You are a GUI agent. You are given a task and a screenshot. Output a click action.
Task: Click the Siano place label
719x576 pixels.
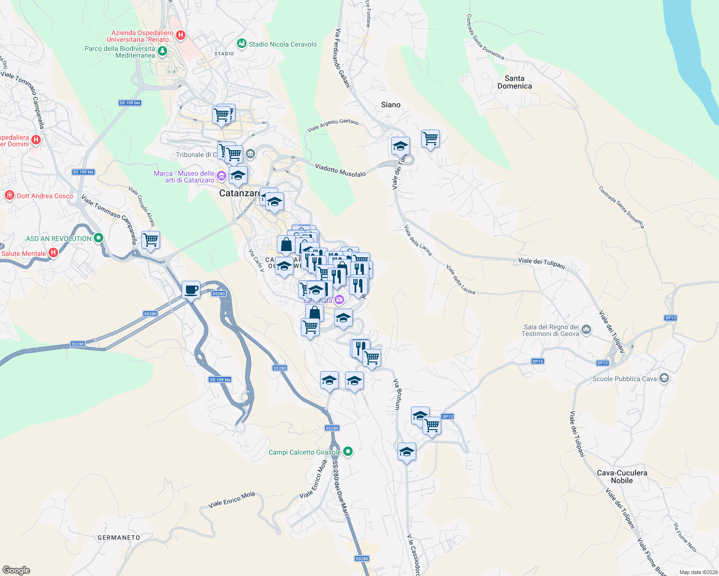click(x=390, y=105)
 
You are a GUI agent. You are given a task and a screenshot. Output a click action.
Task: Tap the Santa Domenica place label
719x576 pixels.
click(x=514, y=82)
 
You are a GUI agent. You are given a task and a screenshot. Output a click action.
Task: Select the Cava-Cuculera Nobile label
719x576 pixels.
click(x=621, y=477)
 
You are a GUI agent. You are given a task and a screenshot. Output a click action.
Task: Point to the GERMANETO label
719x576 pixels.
click(x=119, y=538)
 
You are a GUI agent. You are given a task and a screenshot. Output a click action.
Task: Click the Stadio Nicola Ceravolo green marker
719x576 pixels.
click(x=242, y=44)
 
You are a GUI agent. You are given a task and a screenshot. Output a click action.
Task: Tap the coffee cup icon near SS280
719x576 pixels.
click(x=191, y=289)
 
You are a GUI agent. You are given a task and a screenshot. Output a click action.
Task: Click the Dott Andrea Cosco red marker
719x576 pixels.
click(x=9, y=195)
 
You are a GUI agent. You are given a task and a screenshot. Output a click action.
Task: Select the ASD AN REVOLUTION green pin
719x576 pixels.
click(x=99, y=238)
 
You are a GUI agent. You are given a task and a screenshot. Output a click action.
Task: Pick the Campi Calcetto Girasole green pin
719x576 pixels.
click(x=348, y=452)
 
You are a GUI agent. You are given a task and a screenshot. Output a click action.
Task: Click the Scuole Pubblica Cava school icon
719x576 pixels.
click(x=664, y=378)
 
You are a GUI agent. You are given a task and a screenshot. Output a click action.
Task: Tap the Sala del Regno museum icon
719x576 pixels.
click(x=586, y=330)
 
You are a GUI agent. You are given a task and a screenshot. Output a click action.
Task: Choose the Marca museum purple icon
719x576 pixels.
click(x=221, y=176)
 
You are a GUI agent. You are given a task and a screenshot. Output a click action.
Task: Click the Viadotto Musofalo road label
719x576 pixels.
click(x=340, y=170)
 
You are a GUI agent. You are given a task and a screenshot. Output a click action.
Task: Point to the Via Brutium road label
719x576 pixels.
click(x=397, y=394)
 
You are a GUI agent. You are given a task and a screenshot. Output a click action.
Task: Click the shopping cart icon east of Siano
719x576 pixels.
click(x=430, y=139)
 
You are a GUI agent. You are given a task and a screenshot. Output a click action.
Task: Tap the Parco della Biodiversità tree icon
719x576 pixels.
click(x=162, y=51)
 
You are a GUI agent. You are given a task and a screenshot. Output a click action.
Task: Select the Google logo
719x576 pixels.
click(x=16, y=570)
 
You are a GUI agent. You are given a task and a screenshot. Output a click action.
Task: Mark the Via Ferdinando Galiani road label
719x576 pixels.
click(x=343, y=58)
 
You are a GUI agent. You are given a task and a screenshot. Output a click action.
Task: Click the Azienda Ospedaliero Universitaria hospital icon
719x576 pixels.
click(x=181, y=35)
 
